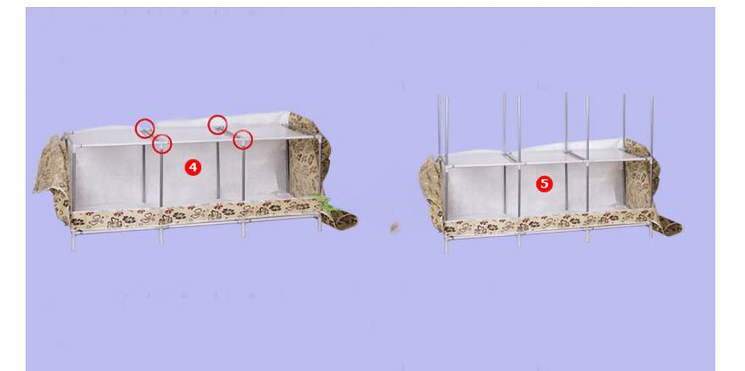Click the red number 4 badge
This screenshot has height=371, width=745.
click(x=193, y=168)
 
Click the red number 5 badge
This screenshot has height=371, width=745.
click(x=544, y=184)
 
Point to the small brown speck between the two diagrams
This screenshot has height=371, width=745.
click(x=394, y=228)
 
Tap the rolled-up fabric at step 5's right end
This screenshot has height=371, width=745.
click(x=667, y=226)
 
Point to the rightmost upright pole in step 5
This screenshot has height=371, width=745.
click(x=651, y=166)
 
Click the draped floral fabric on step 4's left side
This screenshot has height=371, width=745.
click(x=53, y=176)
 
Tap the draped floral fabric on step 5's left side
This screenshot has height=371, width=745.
click(x=431, y=193)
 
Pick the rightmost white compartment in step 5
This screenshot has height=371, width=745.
click(x=606, y=185)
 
